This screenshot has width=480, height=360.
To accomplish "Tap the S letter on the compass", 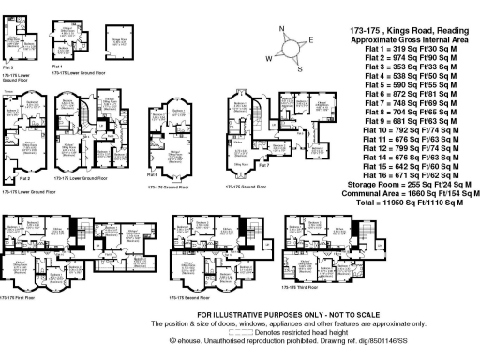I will pos(299,68).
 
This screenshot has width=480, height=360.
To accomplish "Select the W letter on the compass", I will pos(271,57).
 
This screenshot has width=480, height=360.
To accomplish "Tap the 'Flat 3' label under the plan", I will pos(7,67).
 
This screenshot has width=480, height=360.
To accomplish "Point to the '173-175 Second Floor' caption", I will pos(188,297).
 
